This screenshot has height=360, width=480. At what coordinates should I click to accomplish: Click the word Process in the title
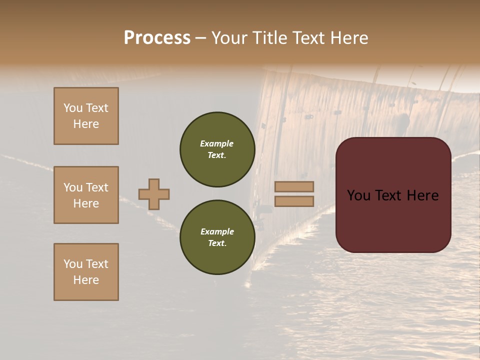click(157, 38)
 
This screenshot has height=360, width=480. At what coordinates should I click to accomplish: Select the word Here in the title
click(347, 38)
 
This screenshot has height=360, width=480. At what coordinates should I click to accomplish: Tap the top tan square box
click(86, 116)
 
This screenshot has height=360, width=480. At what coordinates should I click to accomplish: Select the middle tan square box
click(86, 195)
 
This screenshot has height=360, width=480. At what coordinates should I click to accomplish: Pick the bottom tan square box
click(86, 272)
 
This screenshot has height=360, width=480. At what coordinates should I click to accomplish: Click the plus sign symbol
click(154, 194)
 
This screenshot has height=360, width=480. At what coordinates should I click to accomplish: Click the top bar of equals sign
click(294, 187)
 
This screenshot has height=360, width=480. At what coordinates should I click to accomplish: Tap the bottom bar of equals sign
click(294, 201)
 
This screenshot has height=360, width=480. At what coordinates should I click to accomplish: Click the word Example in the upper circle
click(216, 143)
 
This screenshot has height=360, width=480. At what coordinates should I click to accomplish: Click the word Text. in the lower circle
click(217, 243)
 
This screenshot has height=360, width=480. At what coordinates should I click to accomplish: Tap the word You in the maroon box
click(358, 195)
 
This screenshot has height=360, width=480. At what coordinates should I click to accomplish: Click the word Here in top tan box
click(86, 124)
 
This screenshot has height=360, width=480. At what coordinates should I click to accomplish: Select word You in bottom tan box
click(73, 264)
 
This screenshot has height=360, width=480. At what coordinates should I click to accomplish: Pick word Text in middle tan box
click(96, 187)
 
